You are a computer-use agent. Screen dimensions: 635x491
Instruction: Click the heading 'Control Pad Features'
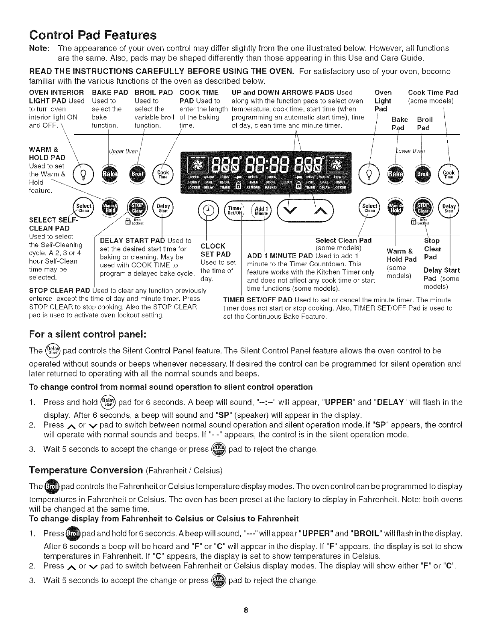click(93, 35)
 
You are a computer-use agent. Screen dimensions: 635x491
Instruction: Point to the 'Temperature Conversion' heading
click(86, 469)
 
